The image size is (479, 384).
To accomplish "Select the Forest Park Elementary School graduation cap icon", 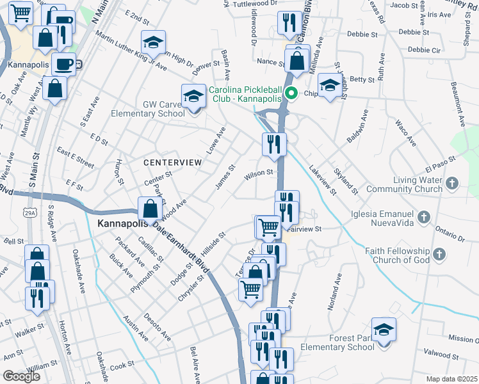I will click(384, 330).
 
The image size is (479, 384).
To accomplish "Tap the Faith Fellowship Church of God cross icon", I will click(439, 255).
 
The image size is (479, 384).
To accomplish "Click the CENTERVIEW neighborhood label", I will click(172, 163).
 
